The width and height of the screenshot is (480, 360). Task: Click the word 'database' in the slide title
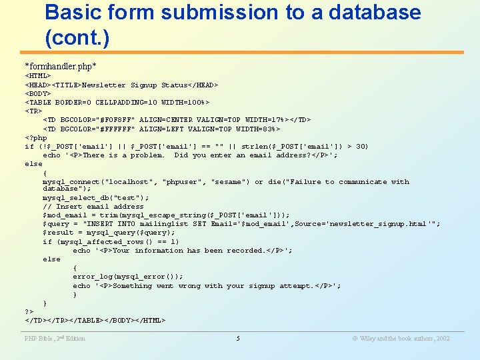point(365,12)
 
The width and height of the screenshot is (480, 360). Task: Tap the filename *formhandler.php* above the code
point(61,66)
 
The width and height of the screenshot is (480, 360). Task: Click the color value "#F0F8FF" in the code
point(116,120)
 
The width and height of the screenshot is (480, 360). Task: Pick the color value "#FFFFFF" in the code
point(116,129)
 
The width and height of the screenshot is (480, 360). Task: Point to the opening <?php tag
point(36,138)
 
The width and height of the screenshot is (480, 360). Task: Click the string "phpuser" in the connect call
point(183,182)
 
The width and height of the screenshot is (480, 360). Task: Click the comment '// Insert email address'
point(93,207)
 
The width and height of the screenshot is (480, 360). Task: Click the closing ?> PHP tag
point(29,311)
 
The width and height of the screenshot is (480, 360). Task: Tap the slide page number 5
point(238,339)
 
